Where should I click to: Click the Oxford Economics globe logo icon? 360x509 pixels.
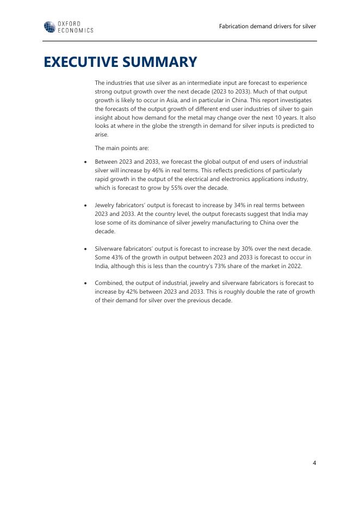[x=49, y=27]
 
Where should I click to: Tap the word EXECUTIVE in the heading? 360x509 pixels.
[x=84, y=62]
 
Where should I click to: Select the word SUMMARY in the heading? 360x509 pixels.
[x=163, y=62]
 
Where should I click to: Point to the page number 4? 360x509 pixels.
[x=314, y=463]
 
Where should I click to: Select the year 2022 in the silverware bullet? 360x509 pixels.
[x=295, y=266]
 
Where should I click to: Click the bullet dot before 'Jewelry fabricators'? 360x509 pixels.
[x=85, y=206]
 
